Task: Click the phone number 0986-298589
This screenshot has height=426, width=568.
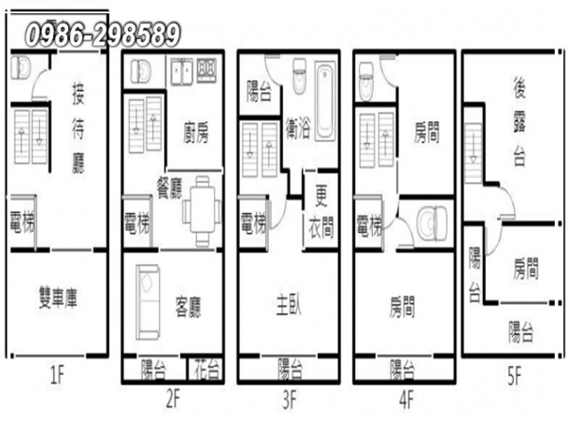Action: [102, 34]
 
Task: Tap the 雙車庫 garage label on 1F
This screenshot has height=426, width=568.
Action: [58, 298]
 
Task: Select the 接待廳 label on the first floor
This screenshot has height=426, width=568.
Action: [79, 128]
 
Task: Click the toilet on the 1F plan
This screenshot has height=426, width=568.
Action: [20, 67]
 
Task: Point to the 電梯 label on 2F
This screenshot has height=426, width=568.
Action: [137, 222]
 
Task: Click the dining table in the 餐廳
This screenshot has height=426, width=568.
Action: [202, 211]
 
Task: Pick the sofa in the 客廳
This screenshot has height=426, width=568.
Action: [148, 302]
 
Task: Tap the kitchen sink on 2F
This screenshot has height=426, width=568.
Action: [182, 71]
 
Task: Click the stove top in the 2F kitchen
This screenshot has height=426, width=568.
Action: [206, 70]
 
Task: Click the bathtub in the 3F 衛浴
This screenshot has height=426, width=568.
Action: [325, 100]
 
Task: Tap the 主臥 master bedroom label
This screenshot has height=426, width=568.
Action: [289, 304]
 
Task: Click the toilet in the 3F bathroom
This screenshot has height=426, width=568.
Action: [299, 76]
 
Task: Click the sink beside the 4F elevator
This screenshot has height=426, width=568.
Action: [433, 223]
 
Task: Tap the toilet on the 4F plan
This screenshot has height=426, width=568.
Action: [365, 81]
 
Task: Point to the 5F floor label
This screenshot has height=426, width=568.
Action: [515, 376]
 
